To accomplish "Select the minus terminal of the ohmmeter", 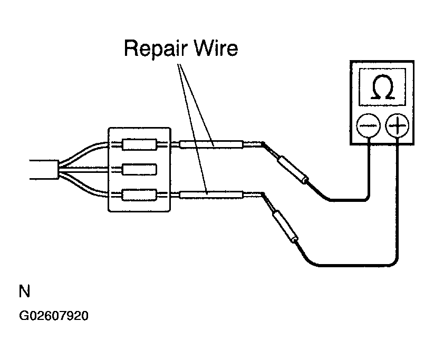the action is pyautogui.click(x=369, y=125).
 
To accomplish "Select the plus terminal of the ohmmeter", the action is pyautogui.click(x=397, y=125).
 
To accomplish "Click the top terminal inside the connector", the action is pyautogui.click(x=139, y=144).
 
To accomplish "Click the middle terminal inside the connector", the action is pyautogui.click(x=139, y=169).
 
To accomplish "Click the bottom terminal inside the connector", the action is pyautogui.click(x=139, y=195).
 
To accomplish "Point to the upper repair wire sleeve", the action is pyautogui.click(x=211, y=144).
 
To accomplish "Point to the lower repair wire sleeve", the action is pyautogui.click(x=211, y=194).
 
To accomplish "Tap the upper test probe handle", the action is pyautogui.click(x=293, y=169).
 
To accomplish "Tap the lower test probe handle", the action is pyautogui.click(x=286, y=227).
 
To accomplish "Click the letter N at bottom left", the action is pyautogui.click(x=24, y=291).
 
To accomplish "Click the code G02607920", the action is pyautogui.click(x=54, y=316).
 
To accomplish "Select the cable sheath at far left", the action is pyautogui.click(x=44, y=169).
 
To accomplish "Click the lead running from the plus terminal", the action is pyautogui.click(x=360, y=266).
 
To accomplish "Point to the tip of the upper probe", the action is pyautogui.click(x=263, y=143).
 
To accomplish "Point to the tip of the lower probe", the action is pyautogui.click(x=263, y=193).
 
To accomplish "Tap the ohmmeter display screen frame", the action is pyautogui.click(x=382, y=69).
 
